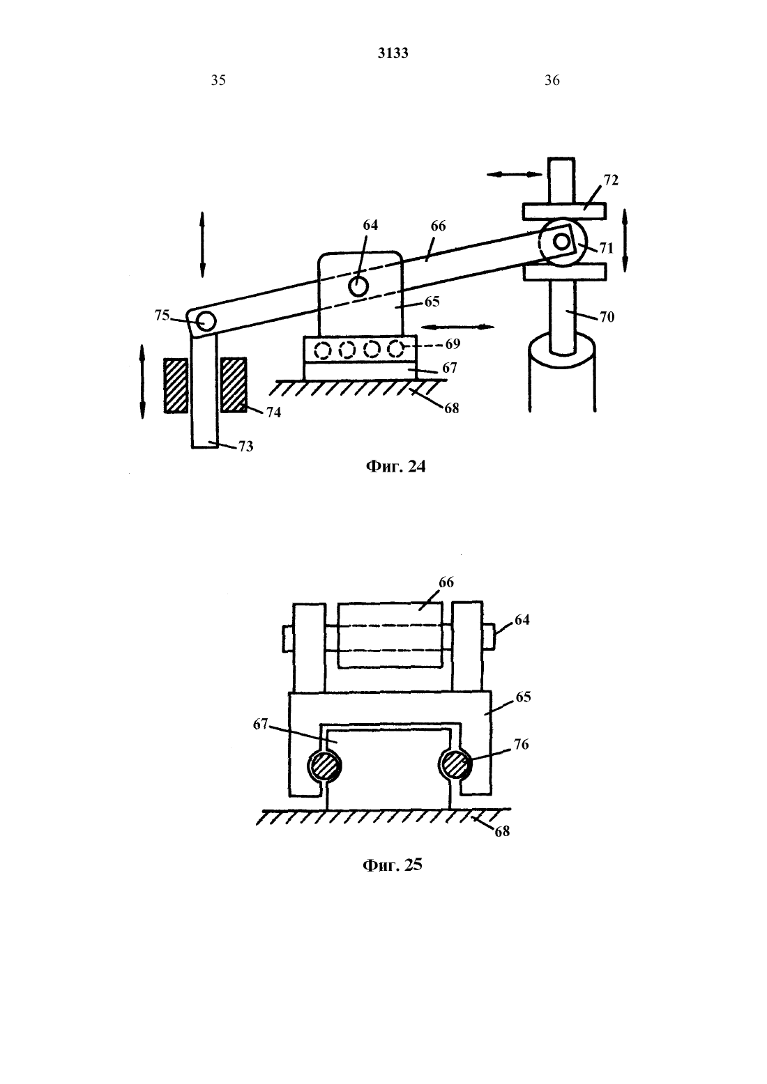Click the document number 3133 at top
[x=393, y=53]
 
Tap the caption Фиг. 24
[x=395, y=466]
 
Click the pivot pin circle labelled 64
[x=358, y=286]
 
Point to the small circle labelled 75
[x=206, y=321]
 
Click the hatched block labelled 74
[x=234, y=385]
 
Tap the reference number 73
[x=246, y=446]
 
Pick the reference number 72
[x=611, y=180]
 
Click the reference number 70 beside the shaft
[x=607, y=317]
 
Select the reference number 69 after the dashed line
[x=453, y=344]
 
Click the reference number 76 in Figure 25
[x=521, y=744]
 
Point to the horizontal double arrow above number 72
[x=515, y=174]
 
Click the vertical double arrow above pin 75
[x=202, y=245]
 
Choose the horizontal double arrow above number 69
[x=458, y=327]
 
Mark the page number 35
[x=218, y=80]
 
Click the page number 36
[x=552, y=80]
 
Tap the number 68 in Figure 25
[x=502, y=831]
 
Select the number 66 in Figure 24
[x=438, y=226]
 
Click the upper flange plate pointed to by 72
[x=564, y=212]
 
